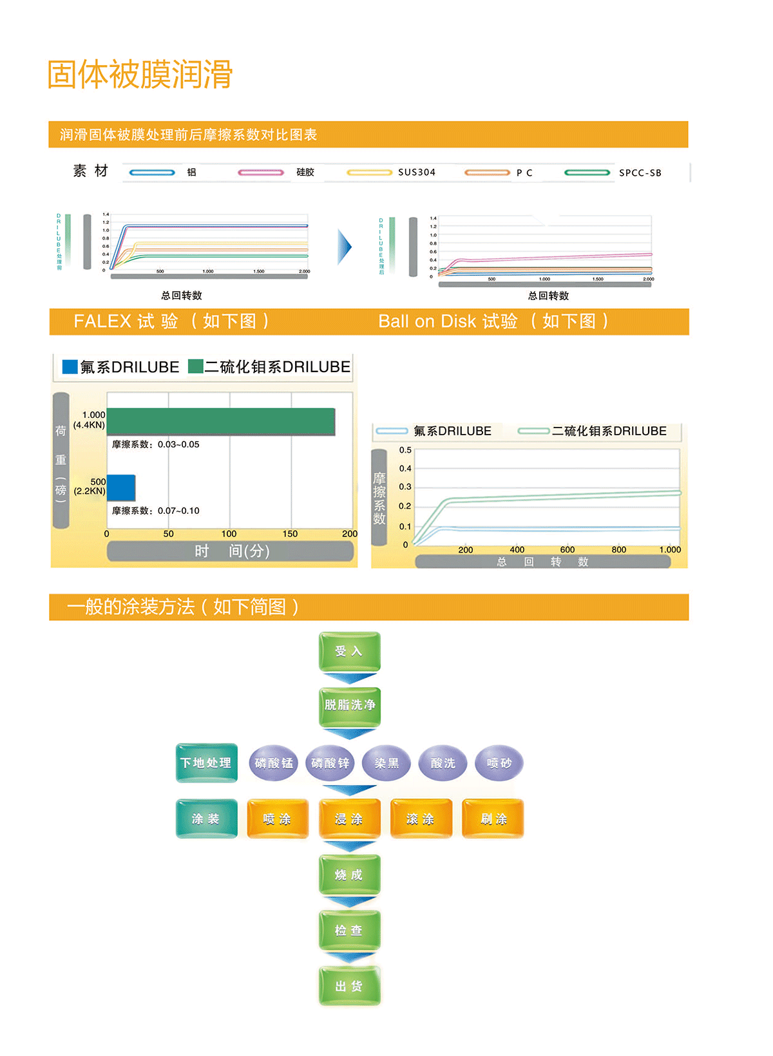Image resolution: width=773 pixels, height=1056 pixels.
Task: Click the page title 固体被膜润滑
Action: click(140, 75)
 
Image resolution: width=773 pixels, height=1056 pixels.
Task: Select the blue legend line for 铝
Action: click(152, 173)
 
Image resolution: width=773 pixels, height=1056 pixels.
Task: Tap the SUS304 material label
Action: click(416, 173)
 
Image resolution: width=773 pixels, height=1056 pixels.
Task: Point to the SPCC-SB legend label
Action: click(640, 173)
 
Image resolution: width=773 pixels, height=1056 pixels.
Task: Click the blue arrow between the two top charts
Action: click(345, 247)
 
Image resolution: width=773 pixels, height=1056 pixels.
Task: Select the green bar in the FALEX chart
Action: click(221, 422)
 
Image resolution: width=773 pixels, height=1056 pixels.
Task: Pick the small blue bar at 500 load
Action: click(121, 488)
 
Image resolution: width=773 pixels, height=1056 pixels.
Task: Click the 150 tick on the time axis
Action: click(290, 534)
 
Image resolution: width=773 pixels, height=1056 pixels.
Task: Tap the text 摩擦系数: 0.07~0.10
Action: click(156, 511)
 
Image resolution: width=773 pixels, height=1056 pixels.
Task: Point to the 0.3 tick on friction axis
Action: click(405, 487)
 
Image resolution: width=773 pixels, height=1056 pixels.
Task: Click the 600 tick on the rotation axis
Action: click(568, 550)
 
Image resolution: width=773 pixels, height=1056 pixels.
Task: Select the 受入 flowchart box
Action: click(349, 652)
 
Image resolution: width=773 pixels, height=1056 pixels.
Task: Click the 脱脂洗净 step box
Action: click(349, 705)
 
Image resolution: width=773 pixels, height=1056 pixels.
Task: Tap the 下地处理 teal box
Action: click(206, 763)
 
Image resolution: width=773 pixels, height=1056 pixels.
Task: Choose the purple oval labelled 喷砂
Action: click(499, 763)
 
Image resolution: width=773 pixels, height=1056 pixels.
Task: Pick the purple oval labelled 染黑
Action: click(386, 763)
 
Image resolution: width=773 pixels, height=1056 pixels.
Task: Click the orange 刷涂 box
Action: click(493, 819)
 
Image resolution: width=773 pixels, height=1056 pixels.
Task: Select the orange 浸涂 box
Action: click(349, 819)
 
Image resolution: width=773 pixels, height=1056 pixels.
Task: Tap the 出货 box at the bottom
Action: click(349, 986)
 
